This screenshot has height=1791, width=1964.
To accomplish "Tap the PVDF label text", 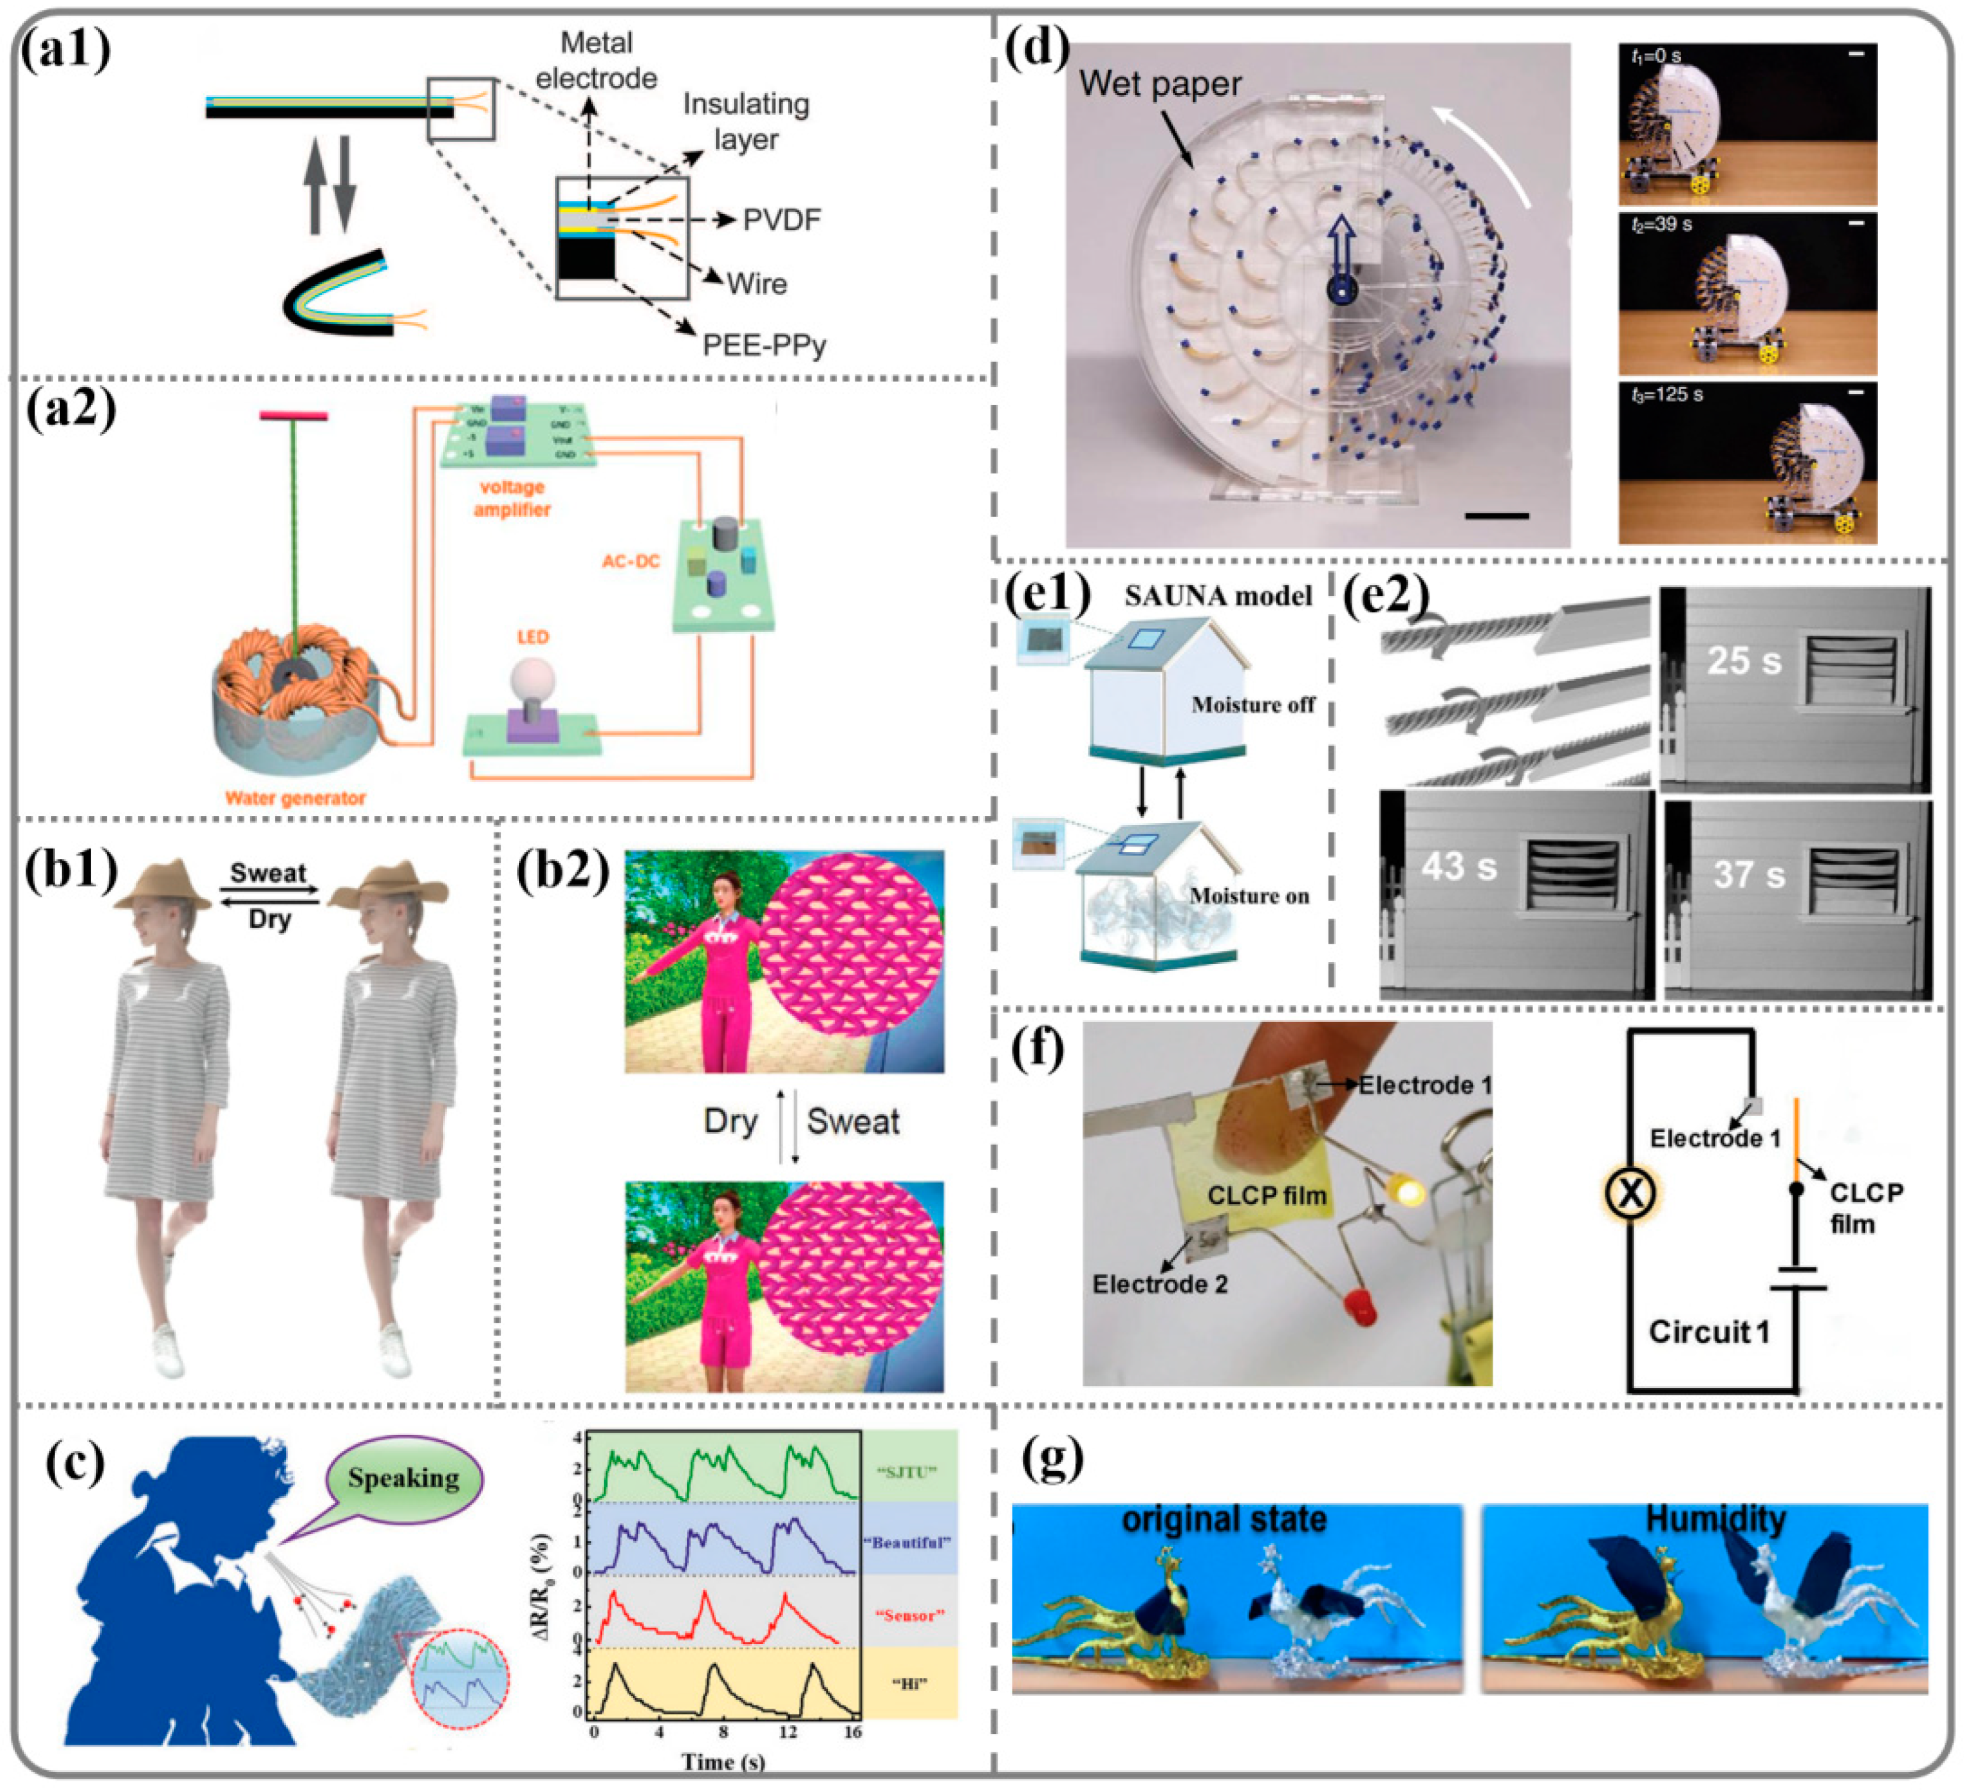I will click(781, 220).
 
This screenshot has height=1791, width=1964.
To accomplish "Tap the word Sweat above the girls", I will click(268, 873).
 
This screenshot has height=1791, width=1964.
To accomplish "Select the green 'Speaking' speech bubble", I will click(403, 1479).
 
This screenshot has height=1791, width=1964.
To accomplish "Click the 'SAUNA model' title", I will click(1218, 596).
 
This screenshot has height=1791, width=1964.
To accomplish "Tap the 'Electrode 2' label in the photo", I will click(1159, 1284).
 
